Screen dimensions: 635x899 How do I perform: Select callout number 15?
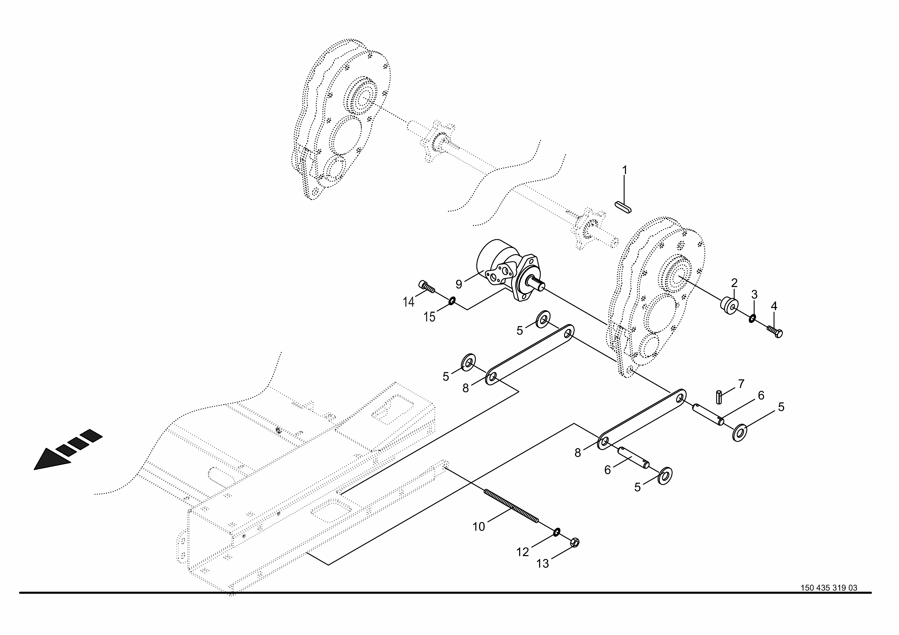430,317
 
